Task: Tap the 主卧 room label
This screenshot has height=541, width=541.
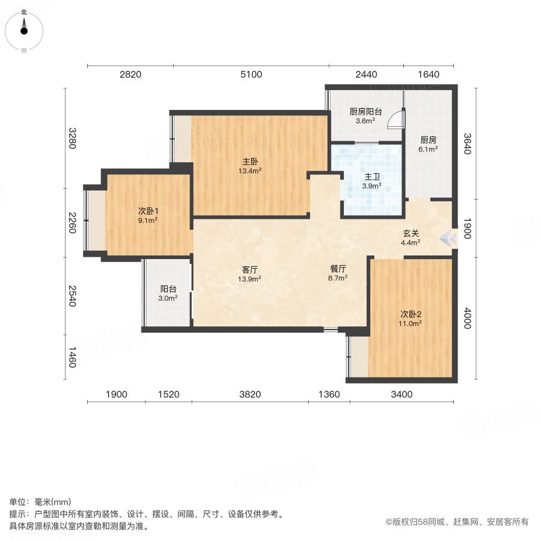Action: point(251,162)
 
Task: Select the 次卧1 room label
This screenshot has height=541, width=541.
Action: point(148,211)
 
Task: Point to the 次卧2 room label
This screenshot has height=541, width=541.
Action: point(411,314)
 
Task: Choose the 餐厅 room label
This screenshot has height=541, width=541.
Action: point(337,270)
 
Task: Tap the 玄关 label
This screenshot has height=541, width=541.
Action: point(411,234)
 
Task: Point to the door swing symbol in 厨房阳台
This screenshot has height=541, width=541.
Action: point(396,120)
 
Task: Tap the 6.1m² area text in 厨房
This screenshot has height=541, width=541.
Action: point(428,149)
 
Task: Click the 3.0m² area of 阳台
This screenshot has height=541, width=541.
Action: point(168,298)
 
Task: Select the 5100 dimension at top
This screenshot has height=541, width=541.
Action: point(251,75)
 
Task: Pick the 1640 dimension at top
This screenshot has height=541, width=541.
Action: point(429,75)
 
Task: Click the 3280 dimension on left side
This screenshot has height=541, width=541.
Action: point(72,138)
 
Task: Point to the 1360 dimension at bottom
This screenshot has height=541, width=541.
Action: point(329,394)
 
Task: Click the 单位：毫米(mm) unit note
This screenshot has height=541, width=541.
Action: point(40,503)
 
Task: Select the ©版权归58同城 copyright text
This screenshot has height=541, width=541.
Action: point(457,522)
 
